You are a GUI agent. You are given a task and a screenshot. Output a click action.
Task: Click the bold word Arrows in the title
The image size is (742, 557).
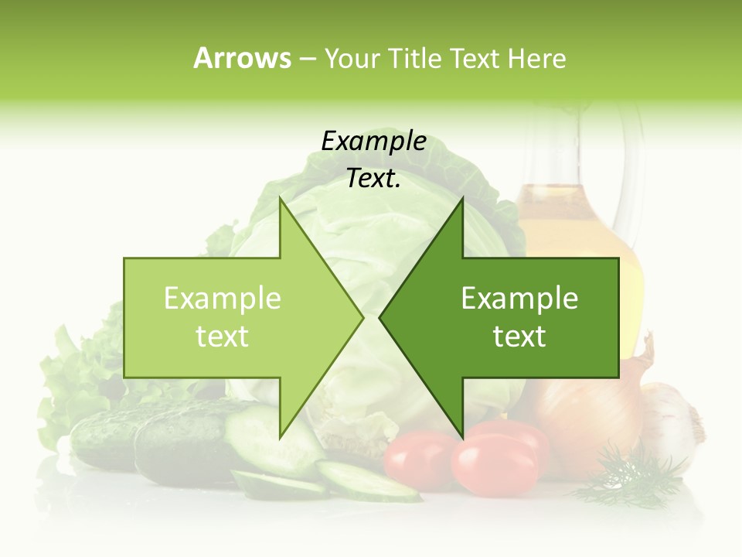coord(243,58)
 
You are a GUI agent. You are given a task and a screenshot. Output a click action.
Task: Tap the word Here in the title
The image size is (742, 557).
coord(537,58)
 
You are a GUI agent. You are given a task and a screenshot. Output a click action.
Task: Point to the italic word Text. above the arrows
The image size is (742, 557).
coord(373,179)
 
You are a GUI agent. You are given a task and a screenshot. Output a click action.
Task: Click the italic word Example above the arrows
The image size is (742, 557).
coord(373,142)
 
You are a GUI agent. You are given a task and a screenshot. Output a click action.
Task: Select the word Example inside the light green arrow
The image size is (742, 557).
coord(223,299)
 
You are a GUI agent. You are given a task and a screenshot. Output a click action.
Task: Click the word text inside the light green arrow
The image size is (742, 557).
coord(223,337)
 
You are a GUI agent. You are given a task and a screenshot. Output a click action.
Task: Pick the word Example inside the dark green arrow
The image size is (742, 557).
coord(519,299)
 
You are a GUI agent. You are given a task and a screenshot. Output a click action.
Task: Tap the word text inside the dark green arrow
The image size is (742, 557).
coord(519,337)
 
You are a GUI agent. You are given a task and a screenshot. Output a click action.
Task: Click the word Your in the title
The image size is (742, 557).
coord(352,58)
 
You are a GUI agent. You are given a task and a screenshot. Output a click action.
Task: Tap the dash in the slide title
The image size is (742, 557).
coord(307,59)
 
